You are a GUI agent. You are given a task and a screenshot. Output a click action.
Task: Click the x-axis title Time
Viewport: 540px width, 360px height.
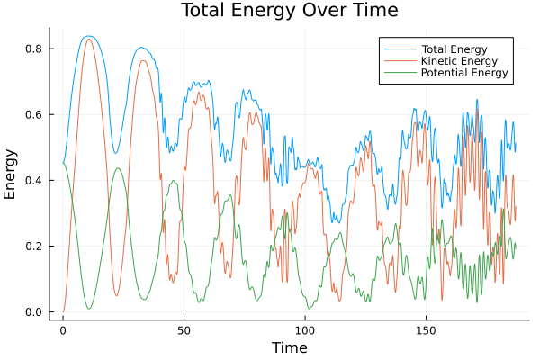point(289,347)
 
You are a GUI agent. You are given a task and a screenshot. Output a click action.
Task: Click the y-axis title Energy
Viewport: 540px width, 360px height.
point(12,180)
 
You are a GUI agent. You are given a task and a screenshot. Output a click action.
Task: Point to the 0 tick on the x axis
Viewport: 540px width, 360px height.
point(63,330)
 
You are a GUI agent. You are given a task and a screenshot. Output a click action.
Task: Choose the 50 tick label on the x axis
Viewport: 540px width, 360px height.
point(184,330)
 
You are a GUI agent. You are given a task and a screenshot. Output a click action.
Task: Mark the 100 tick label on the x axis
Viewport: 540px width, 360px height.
point(305,330)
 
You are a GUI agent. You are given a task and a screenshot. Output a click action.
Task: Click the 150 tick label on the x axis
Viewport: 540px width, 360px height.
point(426,330)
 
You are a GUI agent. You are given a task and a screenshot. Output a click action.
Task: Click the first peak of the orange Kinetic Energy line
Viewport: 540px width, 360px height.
point(88,39)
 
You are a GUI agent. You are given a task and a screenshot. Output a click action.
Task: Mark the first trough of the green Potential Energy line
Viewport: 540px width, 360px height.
point(89,309)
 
